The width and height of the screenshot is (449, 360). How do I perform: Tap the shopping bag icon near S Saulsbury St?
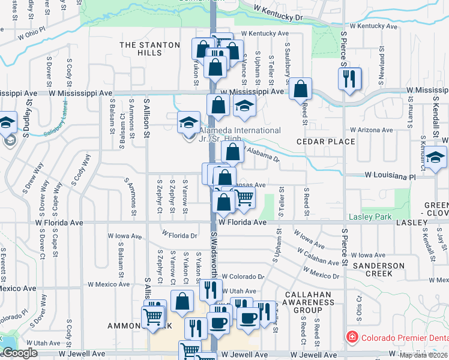point(300,89)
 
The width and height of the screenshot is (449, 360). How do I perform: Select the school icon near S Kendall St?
point(436,159)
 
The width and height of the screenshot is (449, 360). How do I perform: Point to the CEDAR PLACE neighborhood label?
point(326,142)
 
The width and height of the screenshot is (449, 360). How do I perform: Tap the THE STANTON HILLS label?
point(149,49)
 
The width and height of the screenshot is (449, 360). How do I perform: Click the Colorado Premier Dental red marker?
point(353,337)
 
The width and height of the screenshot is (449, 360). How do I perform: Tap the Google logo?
point(20,353)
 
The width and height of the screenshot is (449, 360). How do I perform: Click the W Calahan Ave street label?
point(322,257)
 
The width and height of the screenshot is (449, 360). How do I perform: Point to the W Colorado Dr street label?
point(243,277)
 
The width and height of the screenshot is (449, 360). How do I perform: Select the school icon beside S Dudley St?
point(8,124)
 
